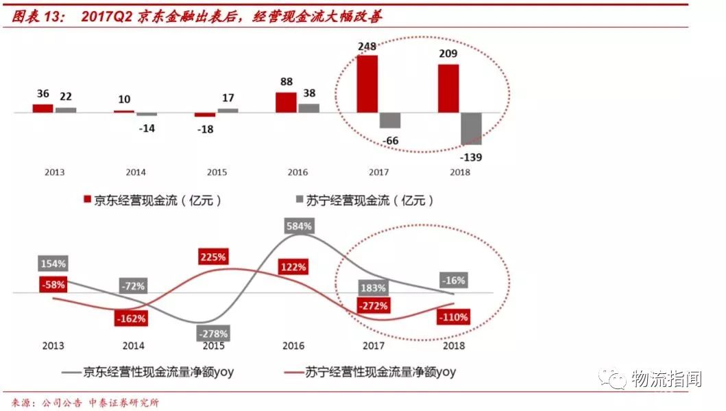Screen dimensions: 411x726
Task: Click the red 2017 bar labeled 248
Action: [367, 83]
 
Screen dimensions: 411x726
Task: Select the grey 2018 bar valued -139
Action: [471, 128]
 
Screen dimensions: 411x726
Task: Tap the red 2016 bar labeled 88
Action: [286, 102]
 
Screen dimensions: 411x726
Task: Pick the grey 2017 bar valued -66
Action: [390, 120]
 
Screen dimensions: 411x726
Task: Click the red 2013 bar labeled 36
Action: [43, 108]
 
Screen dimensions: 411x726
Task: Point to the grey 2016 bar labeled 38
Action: [309, 108]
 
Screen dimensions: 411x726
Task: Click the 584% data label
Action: [298, 225]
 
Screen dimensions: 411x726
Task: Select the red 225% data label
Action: [213, 257]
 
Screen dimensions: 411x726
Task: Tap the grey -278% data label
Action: [213, 333]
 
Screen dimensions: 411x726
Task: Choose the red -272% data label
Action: [372, 305]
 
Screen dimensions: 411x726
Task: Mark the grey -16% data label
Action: [453, 280]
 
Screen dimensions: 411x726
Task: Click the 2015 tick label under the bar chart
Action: [216, 172]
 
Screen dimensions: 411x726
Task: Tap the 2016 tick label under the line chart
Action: [293, 346]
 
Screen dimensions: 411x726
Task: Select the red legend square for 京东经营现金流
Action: [87, 200]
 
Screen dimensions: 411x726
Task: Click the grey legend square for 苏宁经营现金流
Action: [300, 200]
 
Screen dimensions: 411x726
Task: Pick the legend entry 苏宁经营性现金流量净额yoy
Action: [370, 373]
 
